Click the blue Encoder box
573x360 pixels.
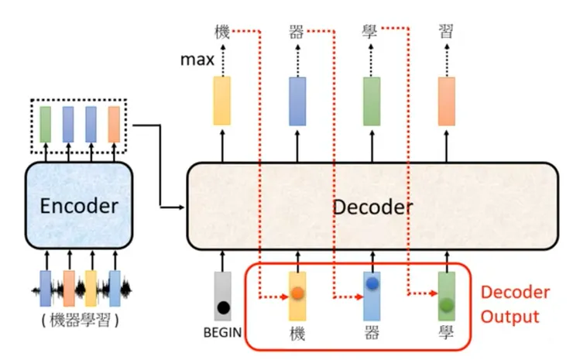(x=80, y=205)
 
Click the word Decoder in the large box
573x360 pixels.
(x=372, y=207)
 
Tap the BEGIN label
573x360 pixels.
(x=223, y=334)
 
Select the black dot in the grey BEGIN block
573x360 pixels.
(x=224, y=307)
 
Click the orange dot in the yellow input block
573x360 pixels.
(x=298, y=294)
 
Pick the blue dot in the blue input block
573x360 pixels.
(x=372, y=284)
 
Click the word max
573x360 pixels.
(x=196, y=59)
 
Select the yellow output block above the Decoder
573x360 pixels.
(x=223, y=101)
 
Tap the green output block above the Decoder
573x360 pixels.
(x=372, y=101)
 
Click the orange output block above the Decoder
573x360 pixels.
(x=447, y=101)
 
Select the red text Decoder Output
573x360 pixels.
(x=515, y=304)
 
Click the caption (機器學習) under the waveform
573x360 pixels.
(x=80, y=323)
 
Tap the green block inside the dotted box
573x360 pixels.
(x=46, y=124)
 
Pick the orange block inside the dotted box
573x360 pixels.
(x=114, y=124)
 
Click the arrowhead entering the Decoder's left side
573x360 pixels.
(x=183, y=207)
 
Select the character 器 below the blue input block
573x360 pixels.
(x=372, y=334)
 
